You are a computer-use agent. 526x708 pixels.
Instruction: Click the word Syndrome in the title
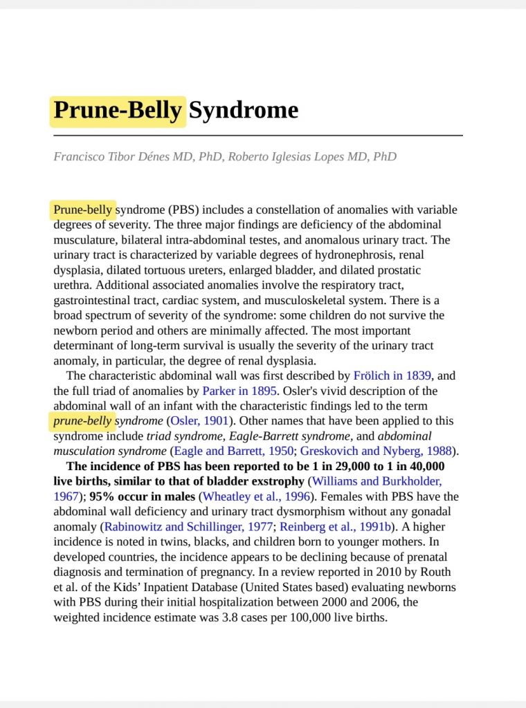pyautogui.click(x=243, y=110)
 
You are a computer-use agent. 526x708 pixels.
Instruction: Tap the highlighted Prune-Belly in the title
pyautogui.click(x=118, y=111)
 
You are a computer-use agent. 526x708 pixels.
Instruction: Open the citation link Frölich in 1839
pyautogui.click(x=392, y=376)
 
